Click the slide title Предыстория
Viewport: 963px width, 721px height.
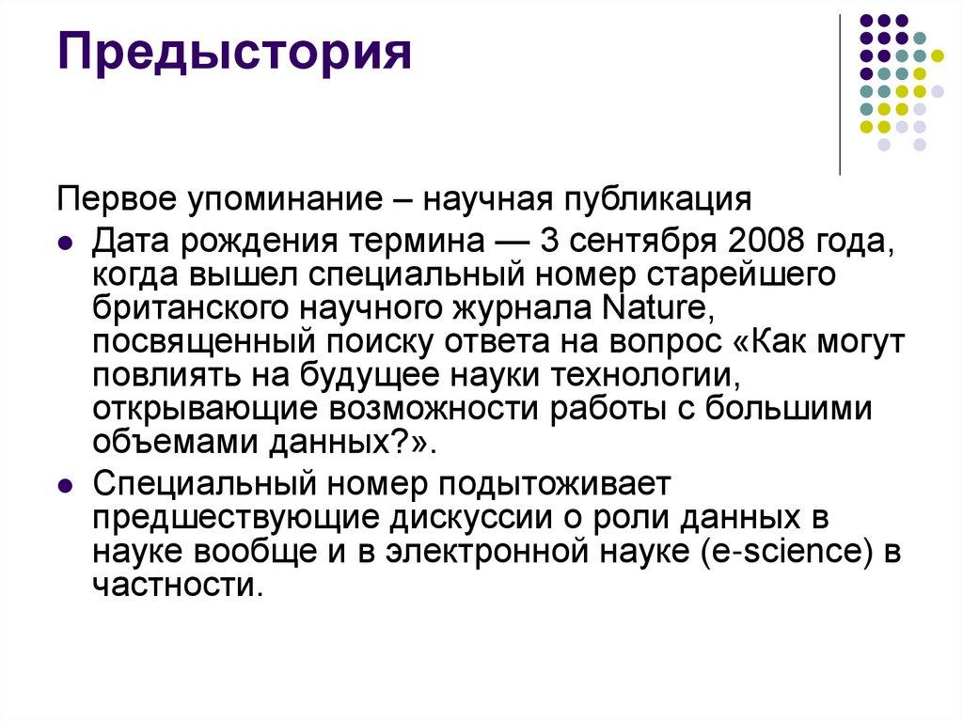235,54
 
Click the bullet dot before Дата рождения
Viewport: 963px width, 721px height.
65,242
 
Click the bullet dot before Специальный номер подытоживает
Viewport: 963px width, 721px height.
65,487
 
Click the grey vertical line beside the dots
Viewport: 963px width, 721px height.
839,94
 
